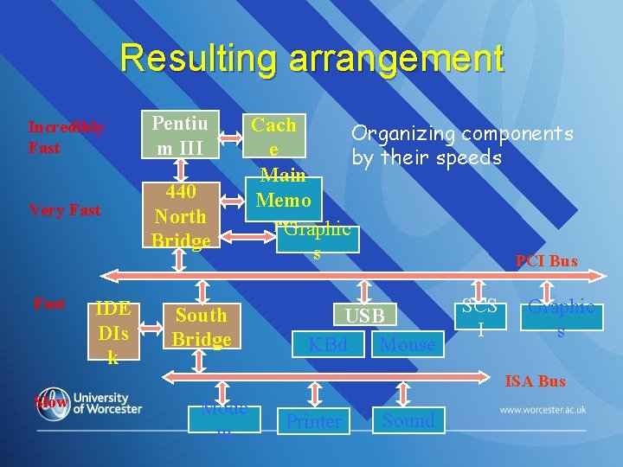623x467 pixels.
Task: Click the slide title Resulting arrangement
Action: pos(311,59)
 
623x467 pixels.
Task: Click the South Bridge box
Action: pos(201,327)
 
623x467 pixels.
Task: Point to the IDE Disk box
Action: pos(112,332)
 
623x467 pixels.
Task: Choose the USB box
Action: pos(365,316)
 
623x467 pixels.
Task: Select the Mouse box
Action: pos(408,345)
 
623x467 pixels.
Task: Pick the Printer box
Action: pos(314,421)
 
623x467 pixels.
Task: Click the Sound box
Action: pos(408,420)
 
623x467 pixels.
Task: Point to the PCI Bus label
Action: pos(546,260)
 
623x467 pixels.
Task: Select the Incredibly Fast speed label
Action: pos(66,138)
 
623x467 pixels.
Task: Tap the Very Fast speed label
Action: pos(64,209)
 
